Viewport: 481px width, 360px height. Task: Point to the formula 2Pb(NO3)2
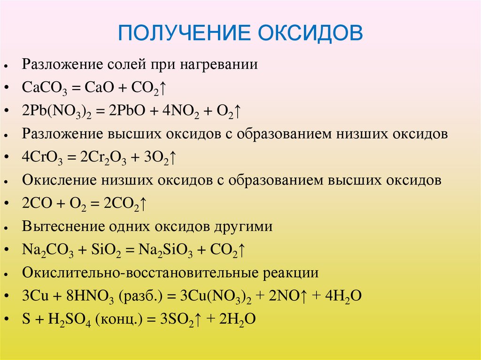click(56, 112)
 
